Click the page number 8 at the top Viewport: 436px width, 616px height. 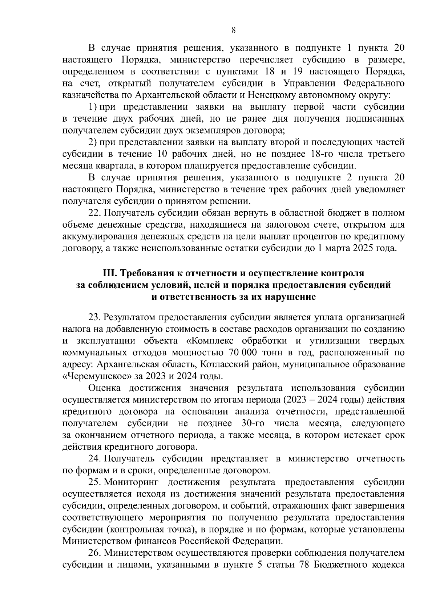click(x=234, y=30)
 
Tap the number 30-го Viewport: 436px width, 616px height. click(x=253, y=423)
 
